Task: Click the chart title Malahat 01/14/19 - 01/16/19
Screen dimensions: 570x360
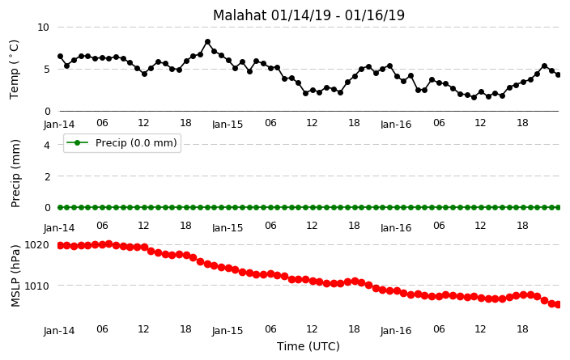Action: tap(308, 15)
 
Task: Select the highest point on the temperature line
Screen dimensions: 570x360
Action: tap(207, 42)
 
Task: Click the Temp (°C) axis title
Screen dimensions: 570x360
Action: tap(15, 70)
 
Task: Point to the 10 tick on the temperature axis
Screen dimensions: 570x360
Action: tap(43, 28)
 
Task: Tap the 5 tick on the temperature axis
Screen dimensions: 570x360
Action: tap(46, 69)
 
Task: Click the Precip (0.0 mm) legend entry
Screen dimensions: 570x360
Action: tap(122, 142)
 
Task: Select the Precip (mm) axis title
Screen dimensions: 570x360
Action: tap(15, 174)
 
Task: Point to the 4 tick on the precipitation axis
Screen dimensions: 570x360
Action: tap(46, 145)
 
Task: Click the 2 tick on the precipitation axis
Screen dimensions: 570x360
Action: tap(46, 176)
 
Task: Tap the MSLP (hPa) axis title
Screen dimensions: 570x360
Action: tap(15, 276)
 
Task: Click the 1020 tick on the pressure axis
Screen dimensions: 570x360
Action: tap(36, 245)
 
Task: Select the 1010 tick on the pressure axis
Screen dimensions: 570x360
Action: tap(36, 286)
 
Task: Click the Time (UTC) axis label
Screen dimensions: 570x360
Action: tap(308, 346)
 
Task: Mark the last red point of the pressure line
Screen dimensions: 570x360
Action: tap(559, 304)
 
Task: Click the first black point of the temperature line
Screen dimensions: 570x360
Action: tap(61, 57)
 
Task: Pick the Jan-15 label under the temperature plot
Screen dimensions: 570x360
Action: tap(228, 125)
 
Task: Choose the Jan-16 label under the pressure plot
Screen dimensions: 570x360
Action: tap(396, 331)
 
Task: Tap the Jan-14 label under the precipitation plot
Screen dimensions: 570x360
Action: tap(59, 228)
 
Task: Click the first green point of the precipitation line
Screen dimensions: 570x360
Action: tap(61, 207)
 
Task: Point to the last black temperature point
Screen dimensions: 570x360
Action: tap(559, 74)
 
